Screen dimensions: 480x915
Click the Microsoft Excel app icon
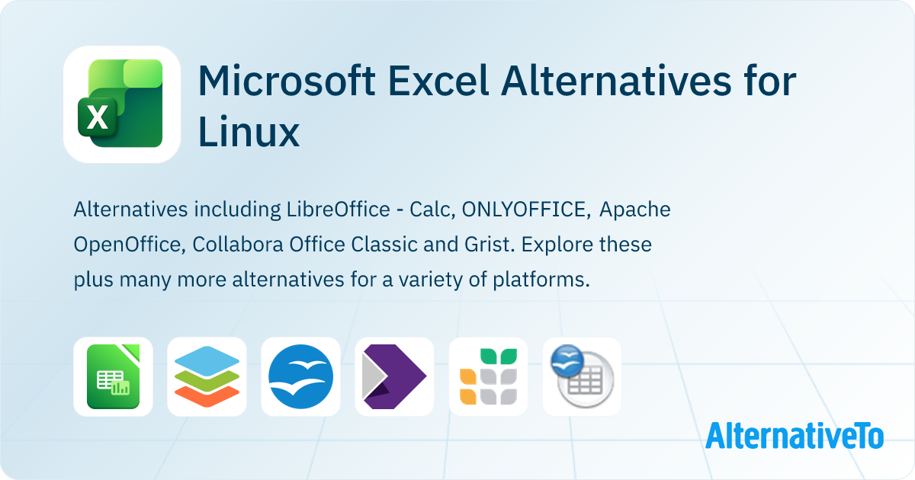[x=122, y=104]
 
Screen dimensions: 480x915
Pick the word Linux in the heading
[x=249, y=133]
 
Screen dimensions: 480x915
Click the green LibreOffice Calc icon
[x=113, y=376]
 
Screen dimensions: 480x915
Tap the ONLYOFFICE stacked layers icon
[x=207, y=376]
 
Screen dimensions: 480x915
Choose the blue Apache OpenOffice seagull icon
[x=300, y=376]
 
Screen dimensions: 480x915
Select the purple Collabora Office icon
[x=394, y=376]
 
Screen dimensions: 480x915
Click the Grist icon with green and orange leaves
[x=488, y=376]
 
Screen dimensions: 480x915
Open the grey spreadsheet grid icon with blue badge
[x=582, y=376]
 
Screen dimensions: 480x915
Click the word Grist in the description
[x=483, y=245]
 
